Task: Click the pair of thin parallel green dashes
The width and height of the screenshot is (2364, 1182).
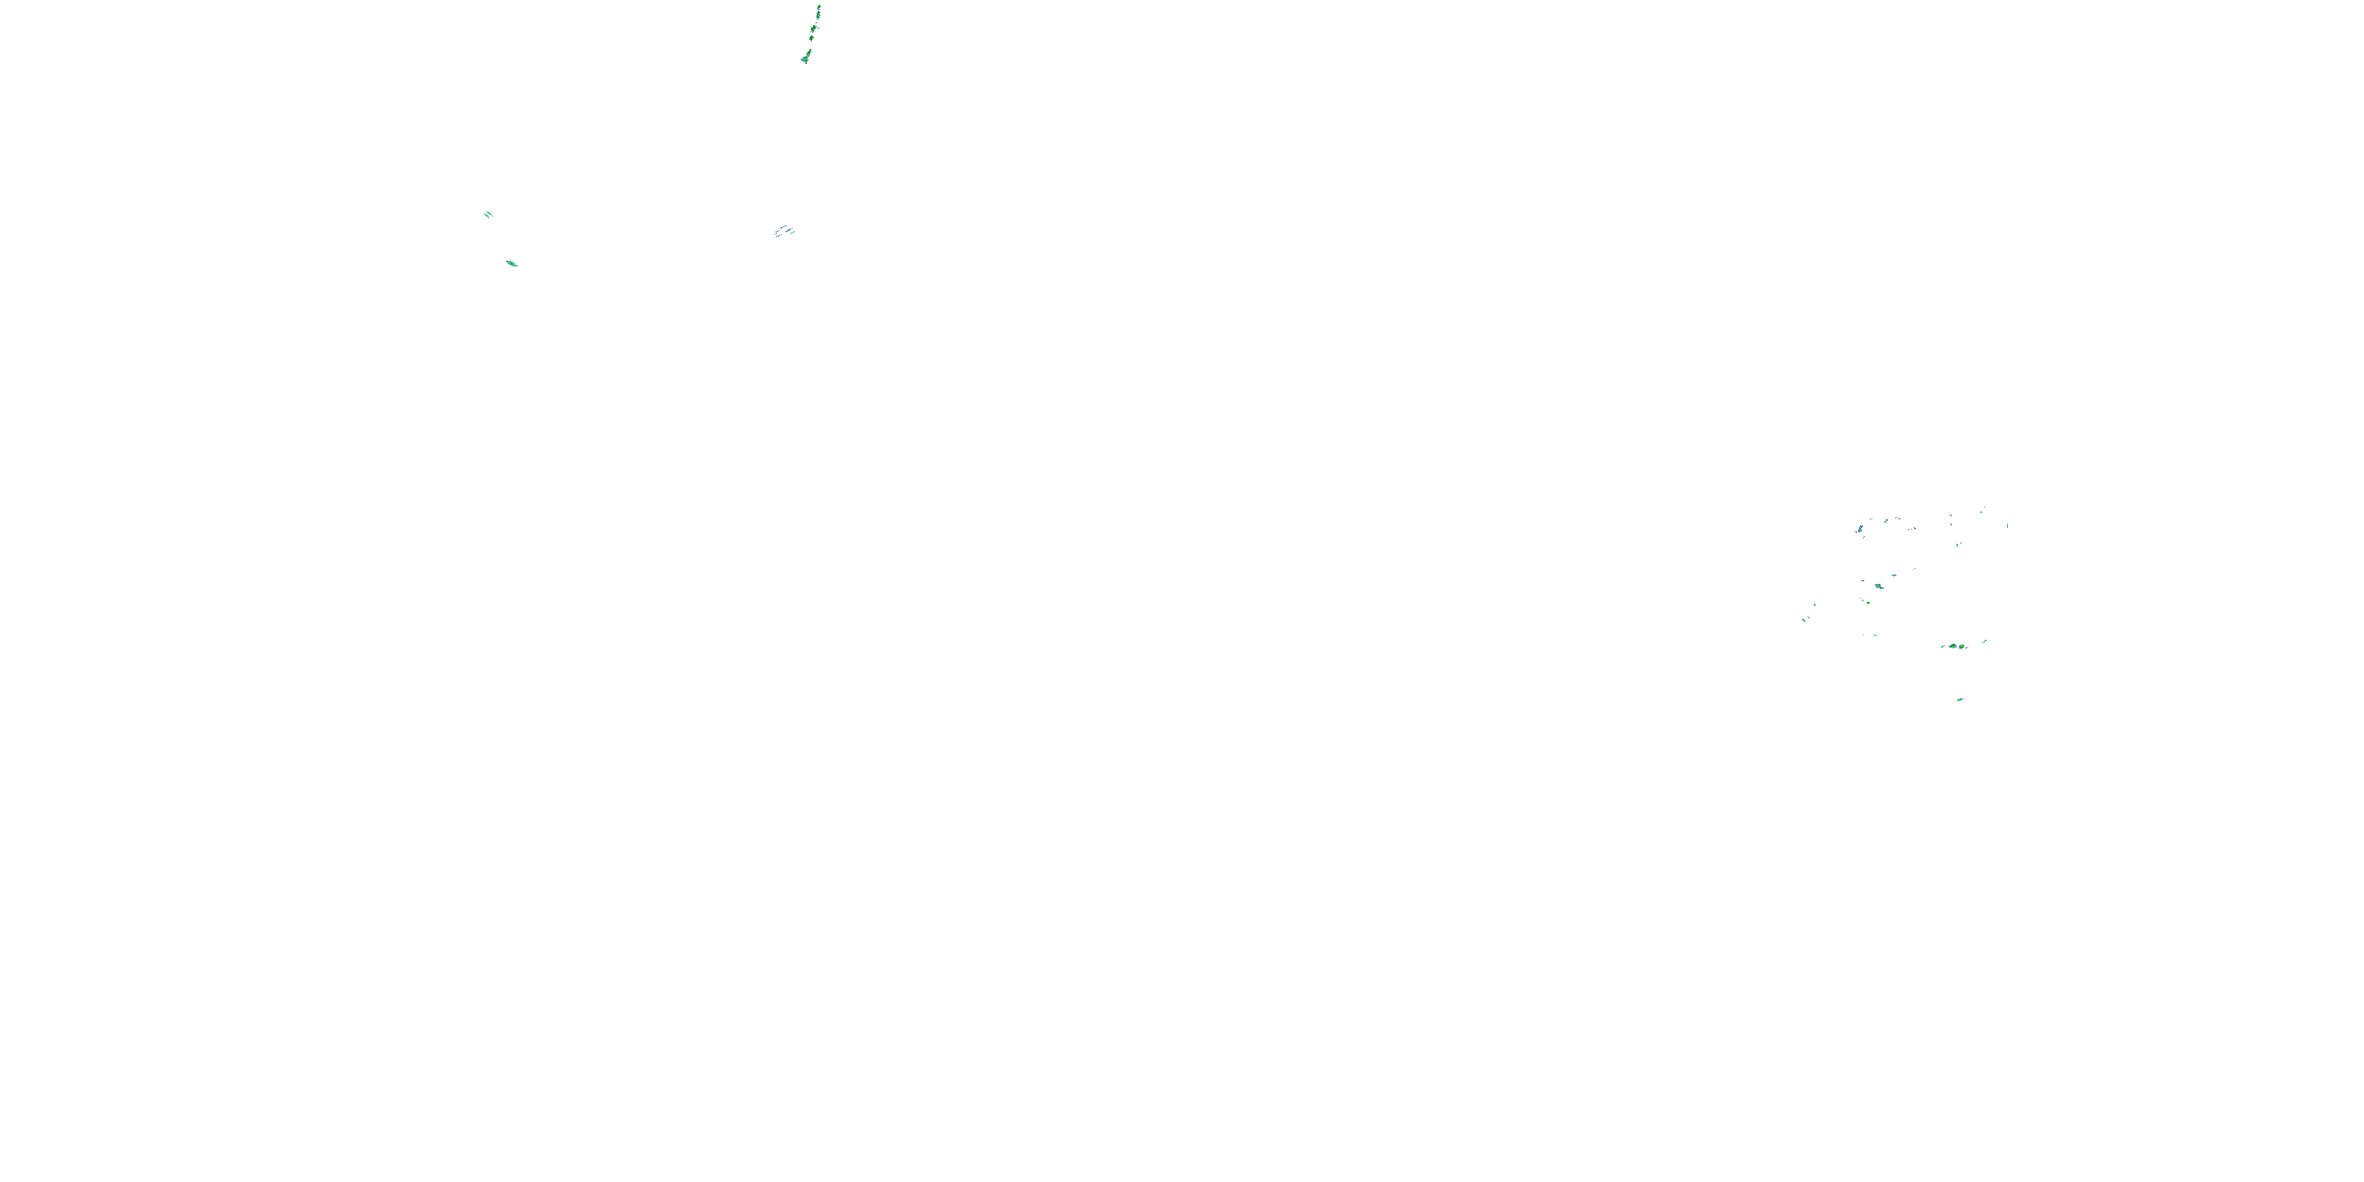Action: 489,215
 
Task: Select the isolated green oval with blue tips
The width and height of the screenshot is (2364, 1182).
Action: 511,263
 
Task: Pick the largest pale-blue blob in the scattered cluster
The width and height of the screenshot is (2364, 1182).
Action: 1861,530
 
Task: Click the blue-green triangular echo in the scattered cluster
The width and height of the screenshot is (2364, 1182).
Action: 1879,585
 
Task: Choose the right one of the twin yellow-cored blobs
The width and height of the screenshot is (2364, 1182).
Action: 1962,646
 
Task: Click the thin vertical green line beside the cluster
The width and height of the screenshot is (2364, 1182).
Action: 2008,525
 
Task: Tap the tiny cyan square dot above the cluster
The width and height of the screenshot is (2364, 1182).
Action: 1981,511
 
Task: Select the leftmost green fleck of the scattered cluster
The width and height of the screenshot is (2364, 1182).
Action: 1805,620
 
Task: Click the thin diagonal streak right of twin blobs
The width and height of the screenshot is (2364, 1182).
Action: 1984,641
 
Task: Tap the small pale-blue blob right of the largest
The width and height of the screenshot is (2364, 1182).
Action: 1886,520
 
